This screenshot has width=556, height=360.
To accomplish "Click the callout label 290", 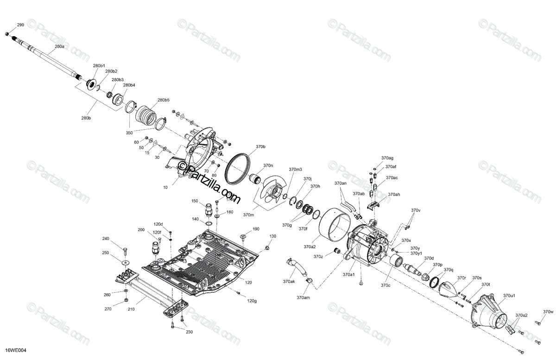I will [20, 25].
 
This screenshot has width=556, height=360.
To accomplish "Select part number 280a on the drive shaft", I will [60, 47].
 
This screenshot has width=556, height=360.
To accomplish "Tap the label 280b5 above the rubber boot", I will [163, 100].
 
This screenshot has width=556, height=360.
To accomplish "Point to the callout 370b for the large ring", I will [260, 147].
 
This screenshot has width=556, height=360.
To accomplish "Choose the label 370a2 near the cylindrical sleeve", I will [310, 246].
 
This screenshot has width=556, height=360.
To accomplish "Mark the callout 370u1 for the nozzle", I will [509, 295].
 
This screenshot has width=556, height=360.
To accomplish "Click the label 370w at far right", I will [549, 311].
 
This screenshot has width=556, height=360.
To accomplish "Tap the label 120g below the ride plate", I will [252, 301].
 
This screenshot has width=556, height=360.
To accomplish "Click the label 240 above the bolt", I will [106, 239].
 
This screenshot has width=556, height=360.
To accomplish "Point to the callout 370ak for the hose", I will [289, 281].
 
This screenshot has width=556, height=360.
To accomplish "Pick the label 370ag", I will [387, 158].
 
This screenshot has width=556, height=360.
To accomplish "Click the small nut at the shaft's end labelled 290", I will [6, 34].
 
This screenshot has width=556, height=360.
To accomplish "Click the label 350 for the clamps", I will [129, 133].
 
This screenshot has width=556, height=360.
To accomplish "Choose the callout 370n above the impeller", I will [268, 165].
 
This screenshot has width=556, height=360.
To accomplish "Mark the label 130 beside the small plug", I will [272, 236].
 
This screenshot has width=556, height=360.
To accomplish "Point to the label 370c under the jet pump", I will [385, 285].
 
